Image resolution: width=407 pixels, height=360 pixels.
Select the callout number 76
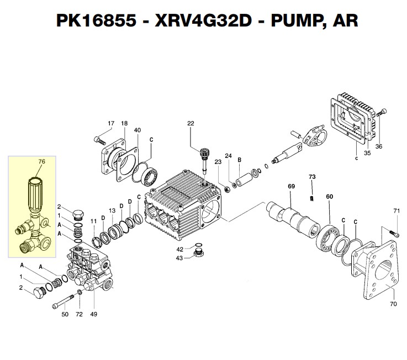click(x=40, y=162)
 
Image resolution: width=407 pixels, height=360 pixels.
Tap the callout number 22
click(x=191, y=124)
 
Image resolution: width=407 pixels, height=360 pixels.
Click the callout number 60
click(x=329, y=197)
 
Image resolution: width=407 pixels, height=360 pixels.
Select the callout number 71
click(x=395, y=211)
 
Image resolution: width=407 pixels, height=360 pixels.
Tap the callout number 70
click(x=393, y=303)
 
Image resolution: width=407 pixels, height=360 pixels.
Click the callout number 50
click(x=65, y=314)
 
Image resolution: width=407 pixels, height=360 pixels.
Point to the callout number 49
click(x=94, y=314)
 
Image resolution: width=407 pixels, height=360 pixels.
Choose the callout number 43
click(x=179, y=258)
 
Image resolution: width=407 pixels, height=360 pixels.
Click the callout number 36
click(x=378, y=146)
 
